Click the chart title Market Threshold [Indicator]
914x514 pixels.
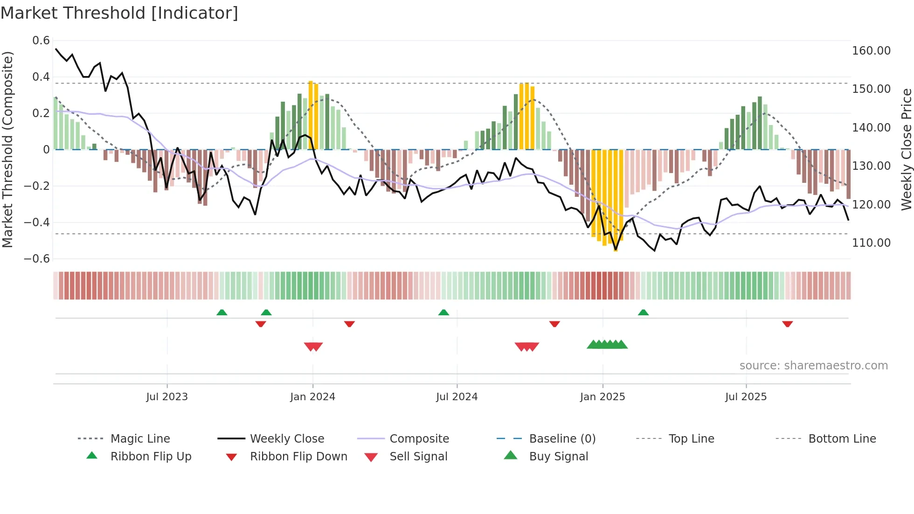[x=119, y=13]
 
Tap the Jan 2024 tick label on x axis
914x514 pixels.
[x=312, y=397]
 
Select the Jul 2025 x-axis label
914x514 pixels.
[x=746, y=397]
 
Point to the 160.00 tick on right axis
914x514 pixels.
[x=871, y=50]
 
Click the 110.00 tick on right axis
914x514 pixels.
[x=871, y=243]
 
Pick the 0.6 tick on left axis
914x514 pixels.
[x=41, y=41]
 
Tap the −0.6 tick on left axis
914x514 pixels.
[x=37, y=259]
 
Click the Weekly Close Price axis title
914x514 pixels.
[x=906, y=149]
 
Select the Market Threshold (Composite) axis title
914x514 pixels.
[x=7, y=149]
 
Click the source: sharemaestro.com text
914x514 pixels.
[x=813, y=366]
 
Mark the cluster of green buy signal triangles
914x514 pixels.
[x=607, y=345]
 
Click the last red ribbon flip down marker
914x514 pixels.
[x=788, y=324]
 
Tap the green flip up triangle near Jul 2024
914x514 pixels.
[x=443, y=313]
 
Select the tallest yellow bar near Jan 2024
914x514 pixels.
[x=311, y=115]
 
